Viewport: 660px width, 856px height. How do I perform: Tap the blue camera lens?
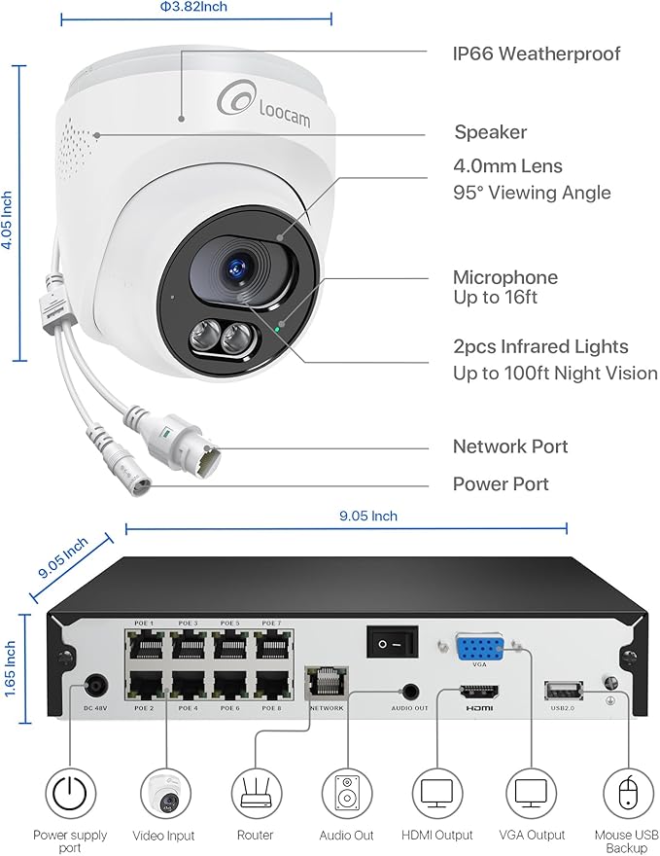237,267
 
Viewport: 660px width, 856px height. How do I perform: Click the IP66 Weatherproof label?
537,53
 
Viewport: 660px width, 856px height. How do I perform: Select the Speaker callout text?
491,132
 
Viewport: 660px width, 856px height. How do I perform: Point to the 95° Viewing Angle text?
532,193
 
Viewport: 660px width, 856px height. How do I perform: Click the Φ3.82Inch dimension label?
194,7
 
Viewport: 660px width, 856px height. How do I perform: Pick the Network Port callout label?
510,446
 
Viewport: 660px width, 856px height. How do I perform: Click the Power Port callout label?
501,483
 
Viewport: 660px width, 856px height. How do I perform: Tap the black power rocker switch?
390,641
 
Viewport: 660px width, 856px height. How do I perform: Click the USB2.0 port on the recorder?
562,691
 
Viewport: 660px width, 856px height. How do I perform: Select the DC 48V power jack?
95,685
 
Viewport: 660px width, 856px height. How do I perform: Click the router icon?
255,794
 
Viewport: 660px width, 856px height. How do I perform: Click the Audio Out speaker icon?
347,794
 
